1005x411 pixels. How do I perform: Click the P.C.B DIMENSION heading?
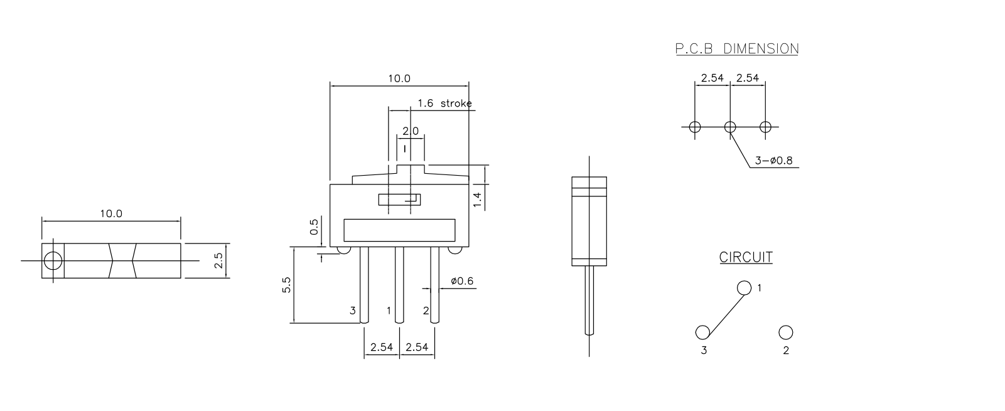click(x=736, y=49)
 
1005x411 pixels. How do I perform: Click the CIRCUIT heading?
click(x=746, y=257)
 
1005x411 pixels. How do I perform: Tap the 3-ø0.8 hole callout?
click(x=773, y=161)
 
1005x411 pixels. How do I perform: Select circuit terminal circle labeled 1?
click(x=744, y=288)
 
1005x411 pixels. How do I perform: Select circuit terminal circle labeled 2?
click(x=785, y=333)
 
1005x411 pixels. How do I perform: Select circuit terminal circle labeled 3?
click(x=702, y=333)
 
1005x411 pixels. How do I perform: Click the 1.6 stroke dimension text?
click(x=444, y=104)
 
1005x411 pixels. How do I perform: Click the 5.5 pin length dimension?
click(x=287, y=286)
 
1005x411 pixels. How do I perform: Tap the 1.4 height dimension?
click(x=477, y=199)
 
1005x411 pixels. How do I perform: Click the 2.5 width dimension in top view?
click(x=218, y=261)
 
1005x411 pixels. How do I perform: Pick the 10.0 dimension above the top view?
click(x=111, y=214)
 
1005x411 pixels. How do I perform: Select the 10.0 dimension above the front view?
click(x=399, y=78)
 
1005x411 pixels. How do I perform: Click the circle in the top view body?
click(x=53, y=260)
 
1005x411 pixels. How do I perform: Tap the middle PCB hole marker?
click(x=729, y=127)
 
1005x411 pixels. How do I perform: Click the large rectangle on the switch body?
click(x=399, y=230)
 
